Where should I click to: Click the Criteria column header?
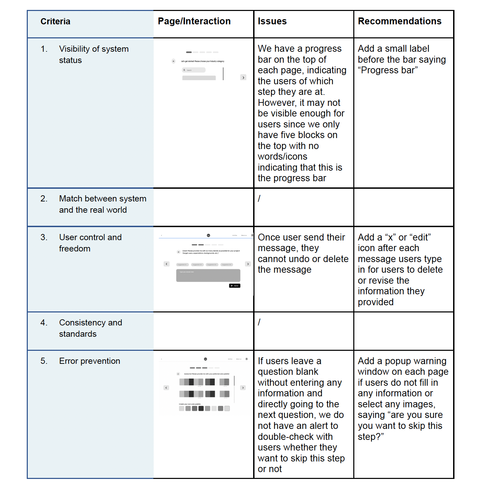pos(55,22)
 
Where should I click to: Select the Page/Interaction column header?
pos(194,21)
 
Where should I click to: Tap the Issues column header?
pos(272,21)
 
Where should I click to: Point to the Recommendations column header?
pos(400,21)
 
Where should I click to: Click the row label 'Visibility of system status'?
pos(94,54)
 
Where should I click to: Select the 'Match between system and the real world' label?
pos(103,204)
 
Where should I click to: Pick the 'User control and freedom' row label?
pos(90,243)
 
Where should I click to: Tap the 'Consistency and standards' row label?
pos(91,328)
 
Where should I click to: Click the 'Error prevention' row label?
pos(90,361)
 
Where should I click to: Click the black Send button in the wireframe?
pos(235,286)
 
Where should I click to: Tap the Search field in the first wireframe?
pos(194,70)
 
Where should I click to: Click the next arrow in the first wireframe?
pos(243,78)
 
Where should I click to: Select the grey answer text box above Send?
pos(208,275)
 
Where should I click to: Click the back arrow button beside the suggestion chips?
pos(167,264)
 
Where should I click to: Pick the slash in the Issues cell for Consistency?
pos(259,322)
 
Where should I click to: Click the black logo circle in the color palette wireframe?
pos(205,359)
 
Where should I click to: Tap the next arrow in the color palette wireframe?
pos(243,388)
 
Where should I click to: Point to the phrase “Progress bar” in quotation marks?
pos(388,70)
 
